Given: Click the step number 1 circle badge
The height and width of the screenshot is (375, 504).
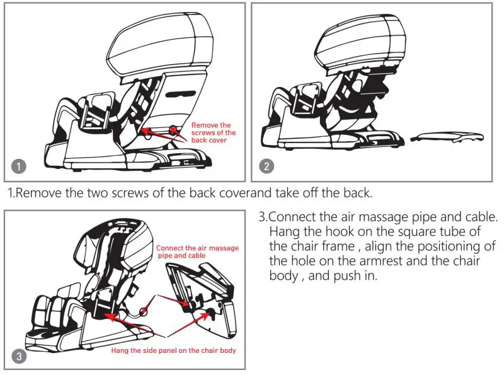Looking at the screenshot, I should point(20,167).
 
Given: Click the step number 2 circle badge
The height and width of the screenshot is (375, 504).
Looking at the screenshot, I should point(267,167).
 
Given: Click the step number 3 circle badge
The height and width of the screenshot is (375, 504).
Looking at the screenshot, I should point(20,357).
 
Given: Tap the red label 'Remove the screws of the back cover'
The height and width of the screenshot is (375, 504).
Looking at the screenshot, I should point(213,132).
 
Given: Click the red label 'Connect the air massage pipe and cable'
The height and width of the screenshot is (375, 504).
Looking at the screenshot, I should point(197,252).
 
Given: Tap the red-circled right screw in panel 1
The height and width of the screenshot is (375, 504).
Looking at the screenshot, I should point(173,129).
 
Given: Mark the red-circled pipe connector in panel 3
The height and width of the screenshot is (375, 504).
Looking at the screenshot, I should point(144,311).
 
